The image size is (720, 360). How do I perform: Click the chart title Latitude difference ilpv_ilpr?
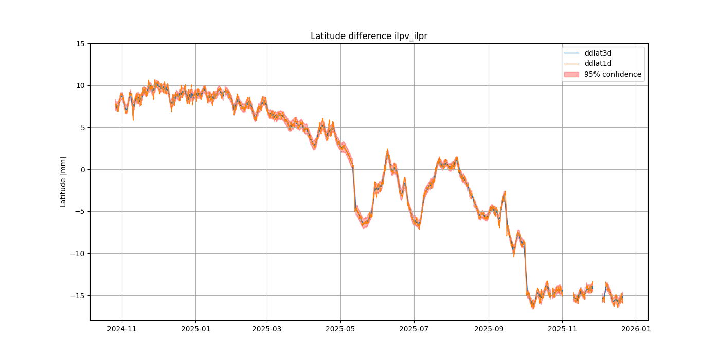369,36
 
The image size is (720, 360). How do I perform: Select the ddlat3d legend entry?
598,53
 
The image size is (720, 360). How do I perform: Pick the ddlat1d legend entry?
598,63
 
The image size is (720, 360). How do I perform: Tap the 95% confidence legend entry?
613,74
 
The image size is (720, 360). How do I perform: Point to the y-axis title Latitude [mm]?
63,182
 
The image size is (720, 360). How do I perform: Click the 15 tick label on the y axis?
81,44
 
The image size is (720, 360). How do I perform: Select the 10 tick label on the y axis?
81,85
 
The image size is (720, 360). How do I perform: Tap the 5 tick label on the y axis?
83,128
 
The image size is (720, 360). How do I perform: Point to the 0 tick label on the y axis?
83,169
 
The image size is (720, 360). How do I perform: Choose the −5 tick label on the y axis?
81,211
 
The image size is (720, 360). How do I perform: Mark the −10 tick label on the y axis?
79,254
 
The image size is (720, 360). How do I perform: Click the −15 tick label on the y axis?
79,295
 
